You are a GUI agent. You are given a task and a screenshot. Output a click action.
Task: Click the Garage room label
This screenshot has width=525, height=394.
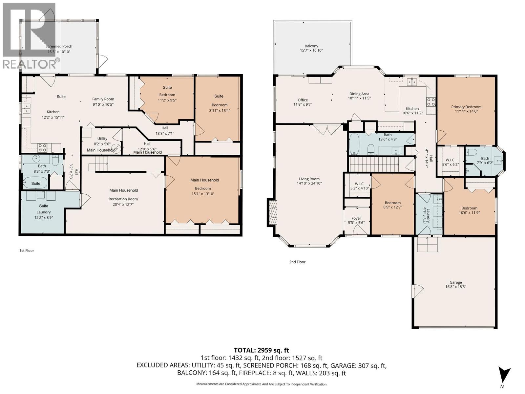pos(455,282)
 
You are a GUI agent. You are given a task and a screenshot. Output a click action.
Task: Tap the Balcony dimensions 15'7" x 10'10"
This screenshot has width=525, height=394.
pos(311,51)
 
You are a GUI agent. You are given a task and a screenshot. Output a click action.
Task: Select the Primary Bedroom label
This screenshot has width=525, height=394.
pos(466,107)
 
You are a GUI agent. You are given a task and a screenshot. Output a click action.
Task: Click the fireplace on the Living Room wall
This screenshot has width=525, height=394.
pos(272,212)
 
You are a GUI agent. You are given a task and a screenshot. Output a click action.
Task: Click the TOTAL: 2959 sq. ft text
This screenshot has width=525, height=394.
pos(262,350)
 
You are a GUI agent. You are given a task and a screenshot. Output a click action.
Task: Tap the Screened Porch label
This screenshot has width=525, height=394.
pos(59,46)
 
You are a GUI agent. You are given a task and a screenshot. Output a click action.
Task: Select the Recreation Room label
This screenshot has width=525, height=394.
pos(123,199)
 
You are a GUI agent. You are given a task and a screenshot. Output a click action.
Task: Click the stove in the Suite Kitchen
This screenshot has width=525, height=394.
pos(42,147)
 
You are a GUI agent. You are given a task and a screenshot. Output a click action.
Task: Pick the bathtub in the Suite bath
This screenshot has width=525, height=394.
pos(35,183)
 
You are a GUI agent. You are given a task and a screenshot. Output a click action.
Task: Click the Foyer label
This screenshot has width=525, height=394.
pos(356,218)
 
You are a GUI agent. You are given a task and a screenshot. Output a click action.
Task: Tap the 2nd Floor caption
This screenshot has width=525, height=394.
pos(297,262)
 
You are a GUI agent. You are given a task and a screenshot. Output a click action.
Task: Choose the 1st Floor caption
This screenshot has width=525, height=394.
pos(27,251)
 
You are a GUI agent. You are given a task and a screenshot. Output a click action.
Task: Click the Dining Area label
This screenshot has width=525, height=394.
pos(359,94)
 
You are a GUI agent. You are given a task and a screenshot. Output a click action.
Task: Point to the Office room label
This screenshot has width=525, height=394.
pos(303,100)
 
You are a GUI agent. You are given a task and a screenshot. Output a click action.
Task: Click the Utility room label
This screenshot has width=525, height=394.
pos(102,139)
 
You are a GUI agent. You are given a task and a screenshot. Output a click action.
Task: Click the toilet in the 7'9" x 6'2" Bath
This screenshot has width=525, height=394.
pos(472,152)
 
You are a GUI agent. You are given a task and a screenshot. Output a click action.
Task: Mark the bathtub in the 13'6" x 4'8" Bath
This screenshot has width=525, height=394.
pos(354,144)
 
